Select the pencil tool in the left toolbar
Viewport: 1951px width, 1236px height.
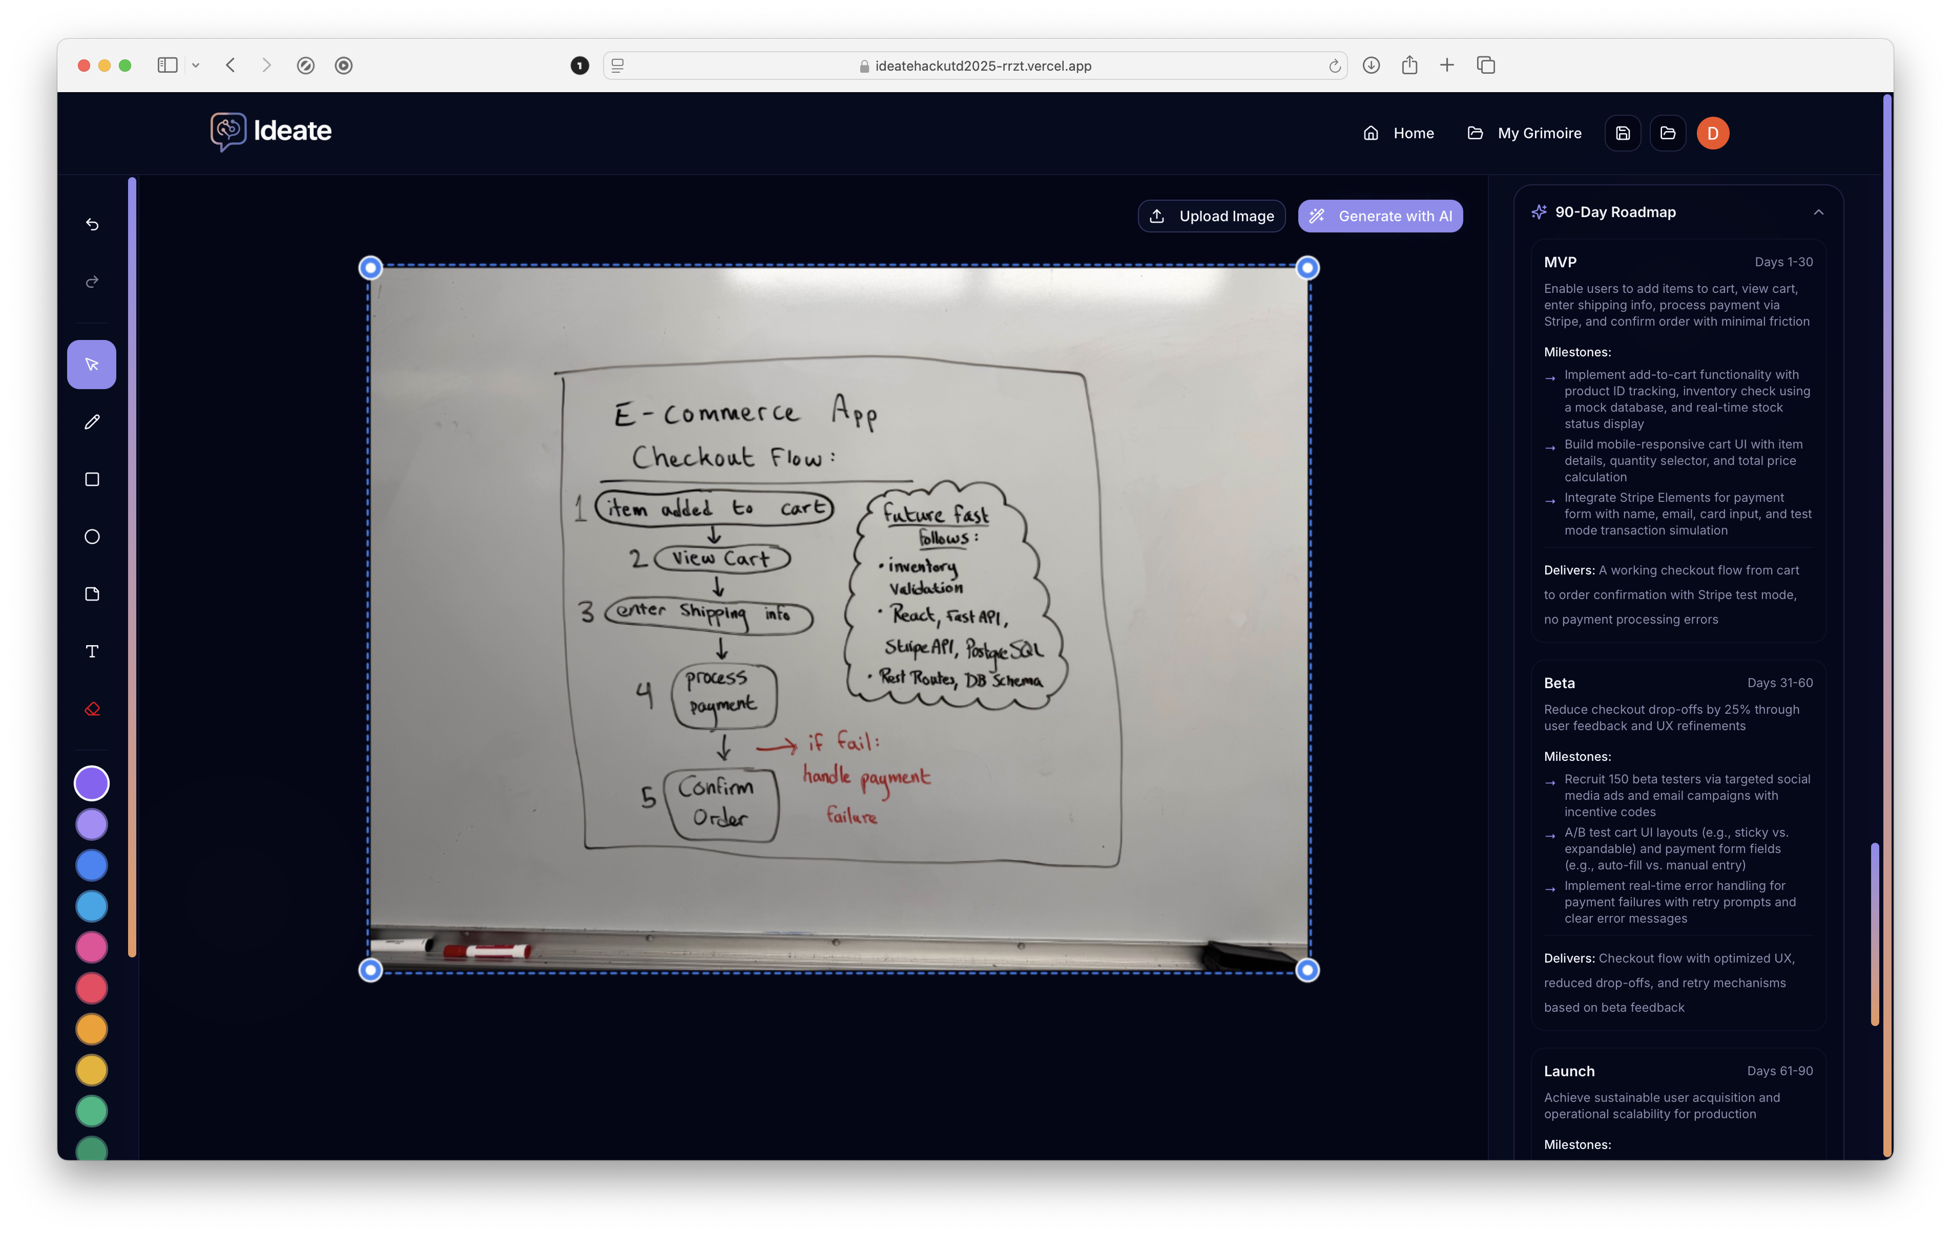tap(92, 422)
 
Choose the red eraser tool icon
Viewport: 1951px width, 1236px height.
tap(92, 709)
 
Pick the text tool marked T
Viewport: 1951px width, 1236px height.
tap(92, 651)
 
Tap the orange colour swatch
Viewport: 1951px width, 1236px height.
tap(92, 1030)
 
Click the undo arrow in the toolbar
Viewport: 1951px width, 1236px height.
tap(92, 224)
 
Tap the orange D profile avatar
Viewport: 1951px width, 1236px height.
tap(1713, 133)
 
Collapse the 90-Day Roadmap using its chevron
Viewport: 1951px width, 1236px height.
tap(1818, 212)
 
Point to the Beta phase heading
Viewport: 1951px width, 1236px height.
tap(1559, 683)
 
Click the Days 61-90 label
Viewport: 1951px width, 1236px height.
tap(1779, 1071)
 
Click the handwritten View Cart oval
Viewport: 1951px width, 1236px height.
tap(721, 558)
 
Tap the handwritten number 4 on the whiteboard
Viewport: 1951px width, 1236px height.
tap(644, 694)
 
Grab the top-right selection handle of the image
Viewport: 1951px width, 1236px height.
tap(1307, 268)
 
